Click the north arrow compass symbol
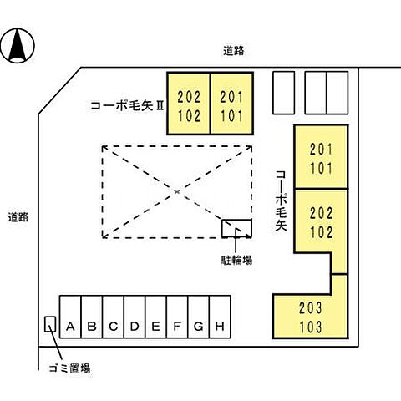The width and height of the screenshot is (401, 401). [18, 45]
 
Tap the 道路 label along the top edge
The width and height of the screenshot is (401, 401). [234, 52]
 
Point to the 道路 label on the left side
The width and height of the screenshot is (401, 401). [18, 217]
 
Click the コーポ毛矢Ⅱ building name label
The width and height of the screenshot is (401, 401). [127, 106]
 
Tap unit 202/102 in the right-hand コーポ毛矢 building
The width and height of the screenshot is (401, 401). [321, 219]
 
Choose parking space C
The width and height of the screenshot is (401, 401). [113, 327]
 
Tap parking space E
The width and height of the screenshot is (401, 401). [155, 327]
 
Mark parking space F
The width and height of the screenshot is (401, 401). [177, 327]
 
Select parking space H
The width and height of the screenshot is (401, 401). [220, 327]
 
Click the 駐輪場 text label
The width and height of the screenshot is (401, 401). [236, 260]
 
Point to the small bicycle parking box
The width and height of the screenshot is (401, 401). [236, 229]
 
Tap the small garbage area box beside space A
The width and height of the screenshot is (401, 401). [50, 324]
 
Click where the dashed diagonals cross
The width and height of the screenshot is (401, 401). [178, 191]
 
